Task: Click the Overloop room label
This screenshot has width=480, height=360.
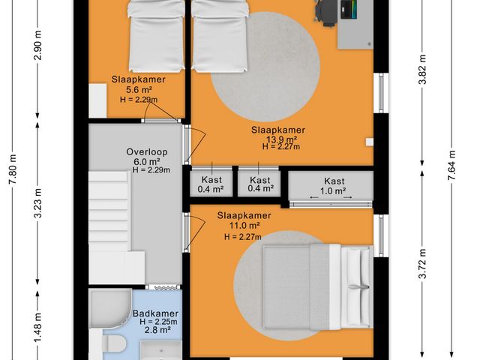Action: click(x=146, y=152)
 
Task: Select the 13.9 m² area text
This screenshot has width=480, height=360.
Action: click(x=280, y=139)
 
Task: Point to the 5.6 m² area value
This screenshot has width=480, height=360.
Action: click(x=138, y=89)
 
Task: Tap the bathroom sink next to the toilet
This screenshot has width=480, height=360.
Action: click(x=160, y=350)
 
